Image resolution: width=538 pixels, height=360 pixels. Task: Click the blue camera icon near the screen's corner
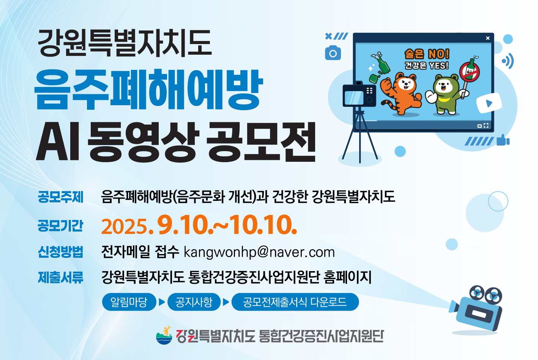tap(333, 53)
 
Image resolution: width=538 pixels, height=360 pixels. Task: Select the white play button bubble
tap(489, 103)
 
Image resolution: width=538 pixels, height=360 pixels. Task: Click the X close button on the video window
tap(488, 38)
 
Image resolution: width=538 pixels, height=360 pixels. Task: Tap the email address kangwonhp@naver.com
tap(259, 252)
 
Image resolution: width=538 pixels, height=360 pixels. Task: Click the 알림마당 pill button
tap(129, 302)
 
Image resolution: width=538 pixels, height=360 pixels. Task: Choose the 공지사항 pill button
tap(194, 302)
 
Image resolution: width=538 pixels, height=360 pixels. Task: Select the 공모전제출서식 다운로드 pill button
tap(295, 302)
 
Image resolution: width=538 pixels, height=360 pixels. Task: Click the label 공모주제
tap(61, 197)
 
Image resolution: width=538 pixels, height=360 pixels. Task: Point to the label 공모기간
tap(61, 226)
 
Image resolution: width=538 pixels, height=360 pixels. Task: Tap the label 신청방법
tap(61, 252)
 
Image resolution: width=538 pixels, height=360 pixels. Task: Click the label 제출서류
tap(61, 278)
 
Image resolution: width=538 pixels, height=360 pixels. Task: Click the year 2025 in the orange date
tap(125, 227)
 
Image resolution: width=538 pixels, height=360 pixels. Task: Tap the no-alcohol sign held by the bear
tap(470, 72)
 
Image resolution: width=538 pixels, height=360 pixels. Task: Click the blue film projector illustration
tap(477, 309)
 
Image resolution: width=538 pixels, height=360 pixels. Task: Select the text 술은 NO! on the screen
tap(427, 54)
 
